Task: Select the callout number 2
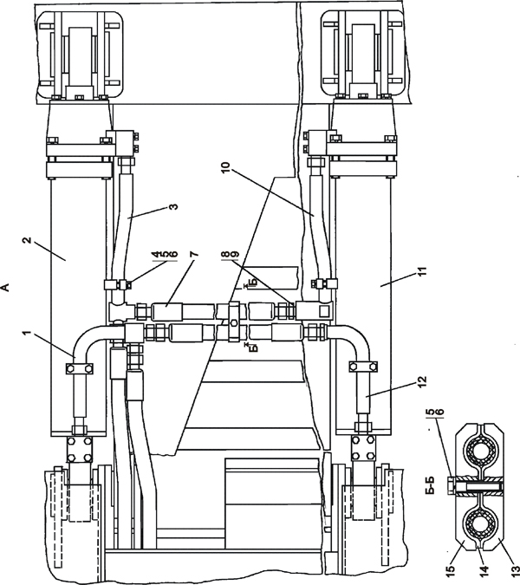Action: (27, 239)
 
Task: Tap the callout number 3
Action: (173, 206)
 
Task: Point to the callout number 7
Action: (193, 255)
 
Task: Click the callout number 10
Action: (226, 167)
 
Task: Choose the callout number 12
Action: (422, 381)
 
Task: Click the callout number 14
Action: (484, 570)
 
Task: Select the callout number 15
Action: (451, 570)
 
